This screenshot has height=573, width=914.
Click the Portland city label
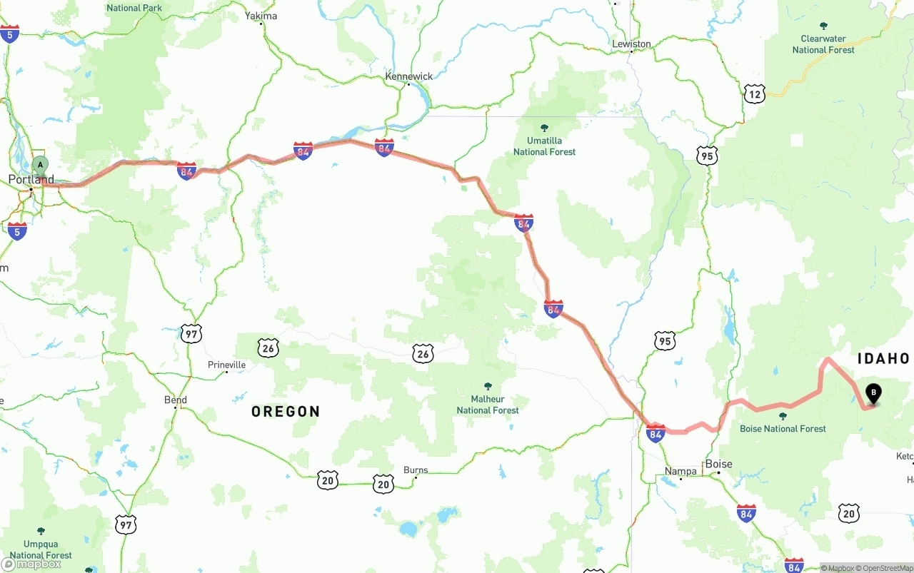(31, 179)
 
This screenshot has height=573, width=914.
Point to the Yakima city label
(261, 16)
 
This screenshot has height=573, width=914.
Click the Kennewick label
(409, 76)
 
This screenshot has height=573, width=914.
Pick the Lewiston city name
(631, 44)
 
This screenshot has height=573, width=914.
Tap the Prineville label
(226, 365)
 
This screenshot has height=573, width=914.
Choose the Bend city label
(176, 400)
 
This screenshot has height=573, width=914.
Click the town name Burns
(416, 470)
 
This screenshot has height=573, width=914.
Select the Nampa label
(681, 472)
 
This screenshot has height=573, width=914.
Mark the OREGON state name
(286, 412)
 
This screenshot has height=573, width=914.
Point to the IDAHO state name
(883, 358)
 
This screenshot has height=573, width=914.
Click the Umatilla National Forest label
(544, 146)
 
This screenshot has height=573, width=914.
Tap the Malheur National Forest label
(488, 404)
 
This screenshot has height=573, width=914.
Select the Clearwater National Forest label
(823, 44)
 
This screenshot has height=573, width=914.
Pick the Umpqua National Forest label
(41, 549)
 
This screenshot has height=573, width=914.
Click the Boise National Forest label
(783, 428)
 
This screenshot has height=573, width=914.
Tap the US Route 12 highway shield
(754, 93)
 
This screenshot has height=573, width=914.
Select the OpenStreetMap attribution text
(887, 568)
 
